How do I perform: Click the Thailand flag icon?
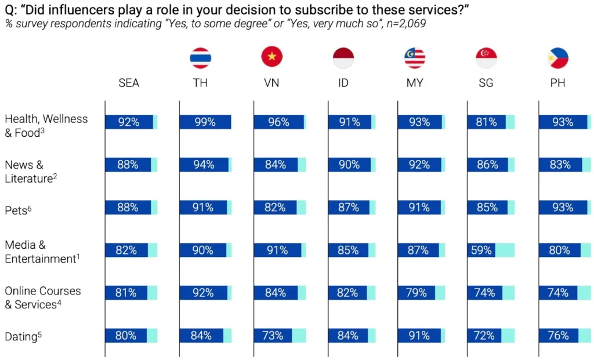click(201, 58)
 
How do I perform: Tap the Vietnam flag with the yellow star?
click(271, 58)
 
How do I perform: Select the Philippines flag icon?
click(557, 58)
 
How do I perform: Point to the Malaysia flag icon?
click(415, 58)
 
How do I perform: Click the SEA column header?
click(129, 83)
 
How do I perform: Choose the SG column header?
click(486, 83)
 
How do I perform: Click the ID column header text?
click(343, 83)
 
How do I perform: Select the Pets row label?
click(17, 210)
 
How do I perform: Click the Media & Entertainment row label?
click(40, 252)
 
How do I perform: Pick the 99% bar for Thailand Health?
click(205, 122)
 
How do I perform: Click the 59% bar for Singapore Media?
click(481, 250)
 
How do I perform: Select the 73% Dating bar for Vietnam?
click(273, 335)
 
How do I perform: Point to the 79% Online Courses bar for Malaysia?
click(416, 293)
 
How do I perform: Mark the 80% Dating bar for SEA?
click(126, 335)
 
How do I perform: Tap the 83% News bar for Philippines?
click(560, 165)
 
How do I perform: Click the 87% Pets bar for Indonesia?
click(348, 208)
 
